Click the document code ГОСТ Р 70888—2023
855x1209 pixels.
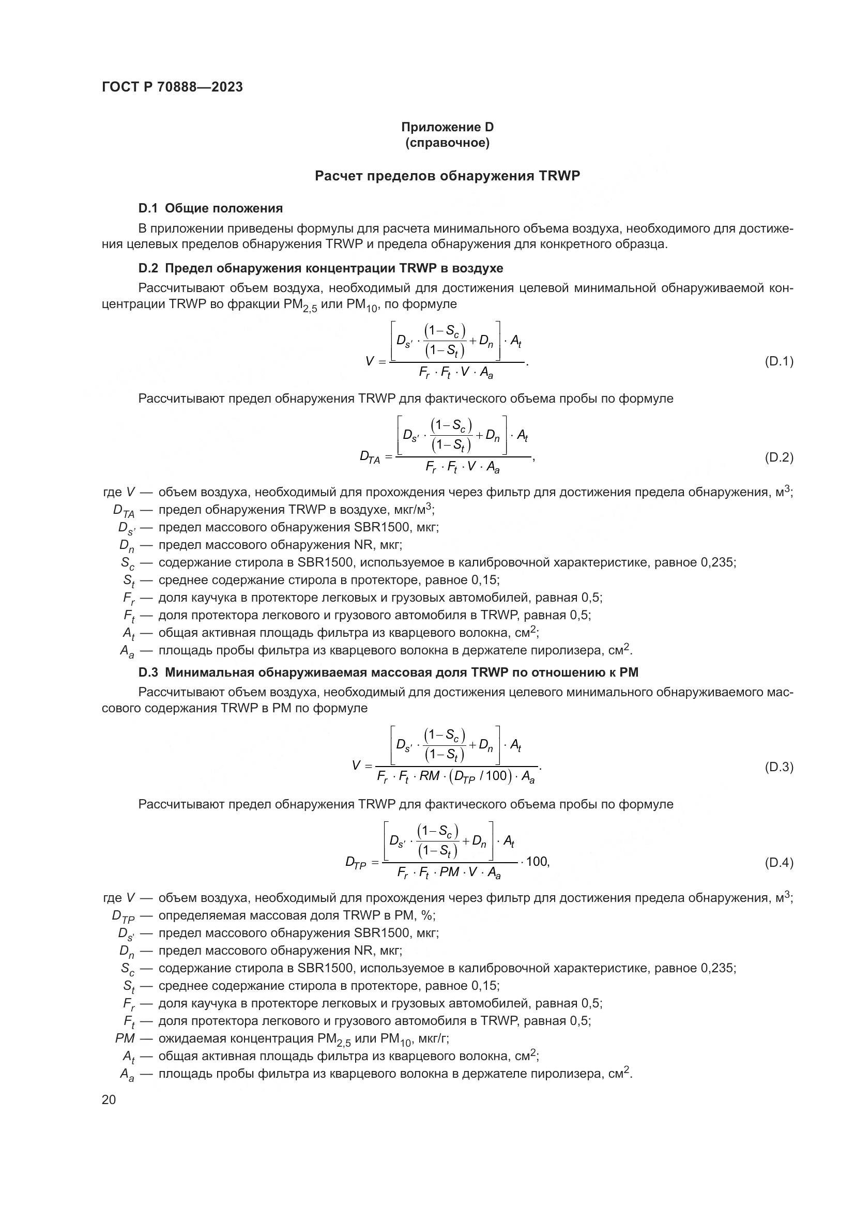(x=172, y=87)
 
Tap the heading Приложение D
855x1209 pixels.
(x=447, y=127)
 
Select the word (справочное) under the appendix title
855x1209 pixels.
(x=447, y=143)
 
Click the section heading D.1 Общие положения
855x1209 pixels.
(x=210, y=208)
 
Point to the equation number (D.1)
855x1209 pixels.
(x=778, y=361)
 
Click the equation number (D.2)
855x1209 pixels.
(x=778, y=457)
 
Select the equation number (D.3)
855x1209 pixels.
(x=778, y=767)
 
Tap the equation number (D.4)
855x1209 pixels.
(x=778, y=863)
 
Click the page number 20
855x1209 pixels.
(x=109, y=1100)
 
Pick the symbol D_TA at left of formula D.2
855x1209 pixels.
(x=370, y=457)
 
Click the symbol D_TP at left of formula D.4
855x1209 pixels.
(x=355, y=863)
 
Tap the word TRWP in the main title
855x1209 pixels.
(x=559, y=176)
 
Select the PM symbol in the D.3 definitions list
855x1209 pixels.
(x=125, y=1038)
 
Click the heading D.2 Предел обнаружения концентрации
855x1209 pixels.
(x=320, y=269)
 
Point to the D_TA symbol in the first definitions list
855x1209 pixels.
(x=124, y=510)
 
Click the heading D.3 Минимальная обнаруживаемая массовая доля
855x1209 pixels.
(x=388, y=672)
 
